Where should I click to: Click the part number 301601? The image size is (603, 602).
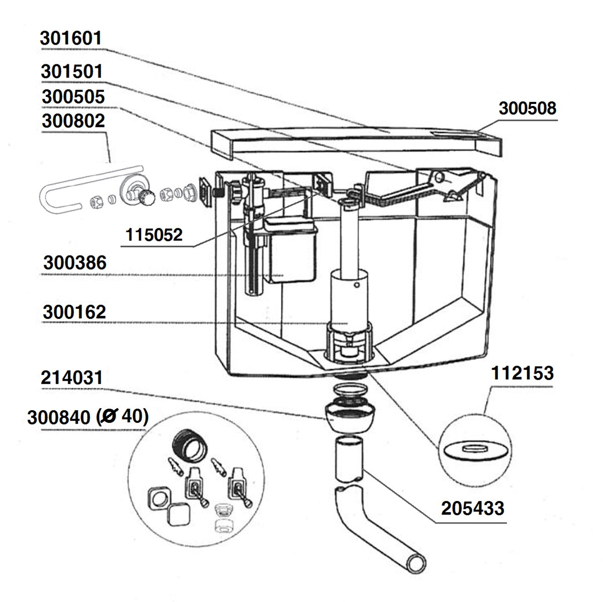[x=71, y=39]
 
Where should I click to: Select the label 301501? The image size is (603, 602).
[x=72, y=71]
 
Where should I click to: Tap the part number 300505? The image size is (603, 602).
[x=73, y=96]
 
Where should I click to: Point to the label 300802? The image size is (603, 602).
[x=73, y=121]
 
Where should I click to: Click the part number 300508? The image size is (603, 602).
[x=527, y=108]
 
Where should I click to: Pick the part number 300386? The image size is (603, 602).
[x=75, y=263]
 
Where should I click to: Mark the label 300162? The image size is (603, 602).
[x=74, y=312]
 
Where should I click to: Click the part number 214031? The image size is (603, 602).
[x=72, y=378]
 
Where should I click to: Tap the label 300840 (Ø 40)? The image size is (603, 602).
[x=86, y=417]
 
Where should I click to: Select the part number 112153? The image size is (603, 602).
[x=522, y=374]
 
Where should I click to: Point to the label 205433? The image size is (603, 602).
[x=472, y=509]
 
